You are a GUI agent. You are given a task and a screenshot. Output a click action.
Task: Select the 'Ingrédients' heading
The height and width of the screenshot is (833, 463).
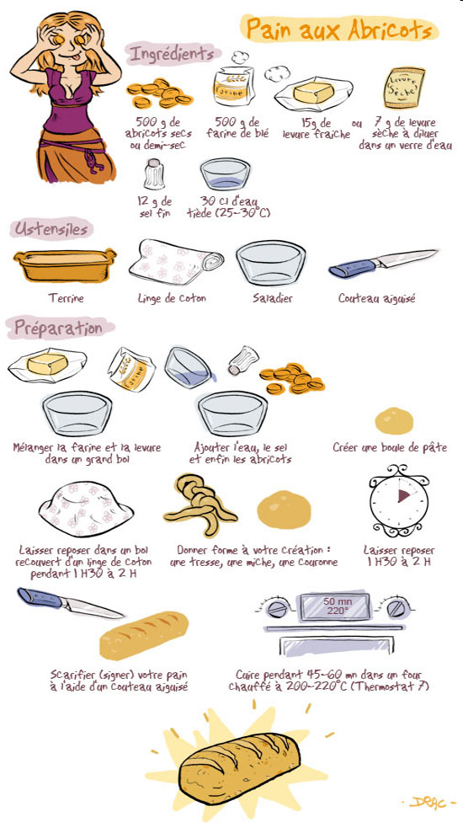tap(172, 54)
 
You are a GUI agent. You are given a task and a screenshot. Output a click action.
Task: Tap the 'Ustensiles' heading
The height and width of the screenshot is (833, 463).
tap(51, 229)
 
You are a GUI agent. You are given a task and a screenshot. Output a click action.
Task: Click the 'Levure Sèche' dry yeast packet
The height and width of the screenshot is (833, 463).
tap(405, 87)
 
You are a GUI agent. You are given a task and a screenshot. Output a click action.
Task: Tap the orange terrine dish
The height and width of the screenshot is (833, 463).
tap(66, 264)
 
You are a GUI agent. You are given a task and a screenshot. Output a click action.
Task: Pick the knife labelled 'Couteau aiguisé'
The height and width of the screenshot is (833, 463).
tap(383, 263)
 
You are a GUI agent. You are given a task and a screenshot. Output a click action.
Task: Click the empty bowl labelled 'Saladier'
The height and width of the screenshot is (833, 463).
tap(271, 263)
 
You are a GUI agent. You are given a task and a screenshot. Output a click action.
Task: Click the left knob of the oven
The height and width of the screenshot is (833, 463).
tap(277, 608)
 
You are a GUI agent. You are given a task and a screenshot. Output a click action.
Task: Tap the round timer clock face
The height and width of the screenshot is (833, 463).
tap(399, 500)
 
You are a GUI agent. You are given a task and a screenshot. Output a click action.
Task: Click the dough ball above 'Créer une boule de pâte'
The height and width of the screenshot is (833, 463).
tap(394, 421)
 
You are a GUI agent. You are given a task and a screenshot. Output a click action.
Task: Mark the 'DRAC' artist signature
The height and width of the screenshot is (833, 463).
tap(428, 802)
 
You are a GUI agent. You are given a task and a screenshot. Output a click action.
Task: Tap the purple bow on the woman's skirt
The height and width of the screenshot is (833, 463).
tap(95, 158)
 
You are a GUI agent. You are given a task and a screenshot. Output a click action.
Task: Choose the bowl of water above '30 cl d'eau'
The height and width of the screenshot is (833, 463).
tap(225, 174)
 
